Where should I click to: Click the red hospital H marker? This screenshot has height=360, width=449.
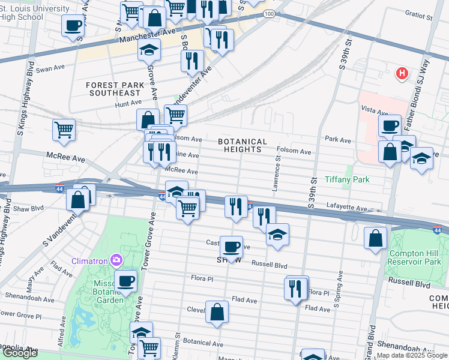pyautogui.click(x=402, y=74)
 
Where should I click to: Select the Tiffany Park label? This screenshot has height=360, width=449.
pyautogui.click(x=347, y=179)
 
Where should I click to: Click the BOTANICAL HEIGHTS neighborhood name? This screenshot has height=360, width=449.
pyautogui.click(x=240, y=145)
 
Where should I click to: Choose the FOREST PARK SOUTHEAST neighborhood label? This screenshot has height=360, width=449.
pyautogui.click(x=115, y=89)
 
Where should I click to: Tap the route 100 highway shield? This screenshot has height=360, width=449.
pyautogui.click(x=270, y=13)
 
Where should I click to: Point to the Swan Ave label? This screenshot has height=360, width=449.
pyautogui.click(x=50, y=70)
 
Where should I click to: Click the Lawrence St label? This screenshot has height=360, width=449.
pyautogui.click(x=276, y=174)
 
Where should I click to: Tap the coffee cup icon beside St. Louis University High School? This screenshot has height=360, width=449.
pyautogui.click(x=73, y=26)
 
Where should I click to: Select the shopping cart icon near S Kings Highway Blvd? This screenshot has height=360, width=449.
pyautogui.click(x=64, y=129)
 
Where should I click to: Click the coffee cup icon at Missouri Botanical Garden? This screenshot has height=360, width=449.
pyautogui.click(x=126, y=281)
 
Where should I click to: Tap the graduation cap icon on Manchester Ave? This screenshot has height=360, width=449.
pyautogui.click(x=149, y=51)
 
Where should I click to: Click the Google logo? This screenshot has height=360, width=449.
pyautogui.click(x=20, y=353)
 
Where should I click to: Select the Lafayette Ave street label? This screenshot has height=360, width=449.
pyautogui.click(x=346, y=208)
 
